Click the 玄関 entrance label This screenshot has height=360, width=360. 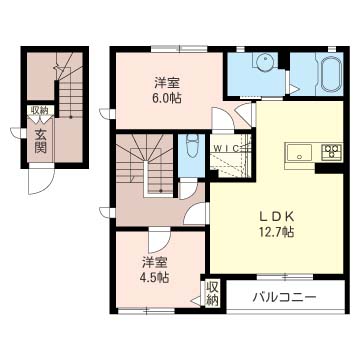(x=41, y=141)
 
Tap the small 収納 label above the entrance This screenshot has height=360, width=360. (x=40, y=110)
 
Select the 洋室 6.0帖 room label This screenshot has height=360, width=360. (x=167, y=91)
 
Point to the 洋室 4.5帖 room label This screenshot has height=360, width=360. (x=154, y=269)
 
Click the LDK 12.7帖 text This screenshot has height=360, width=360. (x=276, y=225)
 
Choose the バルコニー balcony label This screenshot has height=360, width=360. (x=283, y=296)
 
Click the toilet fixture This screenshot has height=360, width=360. (x=191, y=146)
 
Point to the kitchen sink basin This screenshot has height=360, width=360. (x=299, y=153)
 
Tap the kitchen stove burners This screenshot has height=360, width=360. (x=331, y=151)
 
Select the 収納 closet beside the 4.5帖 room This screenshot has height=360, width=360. (x=212, y=293)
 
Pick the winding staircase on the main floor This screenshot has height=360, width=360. (x=145, y=163)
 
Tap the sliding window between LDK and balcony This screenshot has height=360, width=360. (x=285, y=276)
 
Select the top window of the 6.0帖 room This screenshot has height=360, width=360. (x=180, y=49)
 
